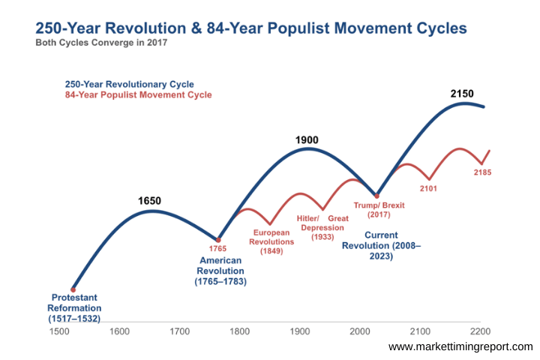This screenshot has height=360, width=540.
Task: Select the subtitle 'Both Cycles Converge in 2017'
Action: [x=102, y=43]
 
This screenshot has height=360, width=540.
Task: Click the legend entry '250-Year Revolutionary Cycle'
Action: [x=129, y=84]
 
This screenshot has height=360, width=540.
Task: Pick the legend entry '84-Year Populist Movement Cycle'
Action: [x=138, y=95]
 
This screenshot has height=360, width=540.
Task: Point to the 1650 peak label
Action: [x=149, y=201]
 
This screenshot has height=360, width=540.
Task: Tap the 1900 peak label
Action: [x=307, y=139]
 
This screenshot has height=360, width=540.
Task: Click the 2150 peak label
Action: [x=463, y=94]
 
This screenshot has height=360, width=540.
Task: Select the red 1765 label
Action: [x=217, y=248]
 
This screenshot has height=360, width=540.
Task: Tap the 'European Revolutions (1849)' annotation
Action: [x=272, y=241]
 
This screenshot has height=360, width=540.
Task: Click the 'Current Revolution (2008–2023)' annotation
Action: [x=381, y=245]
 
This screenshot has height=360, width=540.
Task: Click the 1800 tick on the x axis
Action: [x=239, y=330]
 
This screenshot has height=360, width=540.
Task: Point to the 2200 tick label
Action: [x=480, y=330]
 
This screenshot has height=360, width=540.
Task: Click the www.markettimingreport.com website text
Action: [x=460, y=346]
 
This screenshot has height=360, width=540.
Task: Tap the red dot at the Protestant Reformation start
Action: [x=73, y=289]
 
